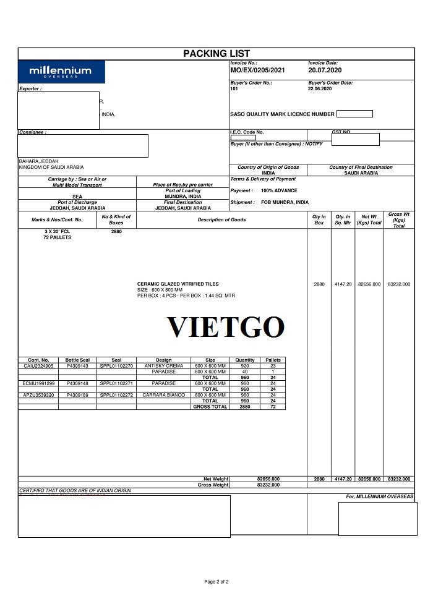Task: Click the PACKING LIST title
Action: pyautogui.click(x=216, y=54)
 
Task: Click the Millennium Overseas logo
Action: pyautogui.click(x=61, y=72)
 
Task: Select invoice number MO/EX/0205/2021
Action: pyautogui.click(x=257, y=70)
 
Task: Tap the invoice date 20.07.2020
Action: pyautogui.click(x=324, y=70)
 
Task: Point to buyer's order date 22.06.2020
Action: pyautogui.click(x=320, y=88)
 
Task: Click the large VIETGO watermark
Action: pyautogui.click(x=226, y=327)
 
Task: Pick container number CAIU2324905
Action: pyautogui.click(x=38, y=366)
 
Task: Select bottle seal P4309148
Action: pyautogui.click(x=77, y=383)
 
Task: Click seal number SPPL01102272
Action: pyautogui.click(x=116, y=395)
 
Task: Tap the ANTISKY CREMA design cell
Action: pyautogui.click(x=164, y=366)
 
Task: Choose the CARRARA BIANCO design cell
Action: pyautogui.click(x=164, y=395)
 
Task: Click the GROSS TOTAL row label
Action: pyautogui.click(x=210, y=407)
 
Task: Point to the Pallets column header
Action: pyautogui.click(x=273, y=360)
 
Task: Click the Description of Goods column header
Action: pyautogui.click(x=221, y=220)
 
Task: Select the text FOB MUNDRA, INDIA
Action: pyautogui.click(x=285, y=202)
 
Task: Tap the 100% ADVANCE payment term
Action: pyautogui.click(x=279, y=190)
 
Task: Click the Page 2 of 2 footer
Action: pyautogui.click(x=216, y=582)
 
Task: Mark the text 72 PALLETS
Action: pyautogui.click(x=57, y=237)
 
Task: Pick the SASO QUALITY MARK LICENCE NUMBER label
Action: pyautogui.click(x=282, y=114)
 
